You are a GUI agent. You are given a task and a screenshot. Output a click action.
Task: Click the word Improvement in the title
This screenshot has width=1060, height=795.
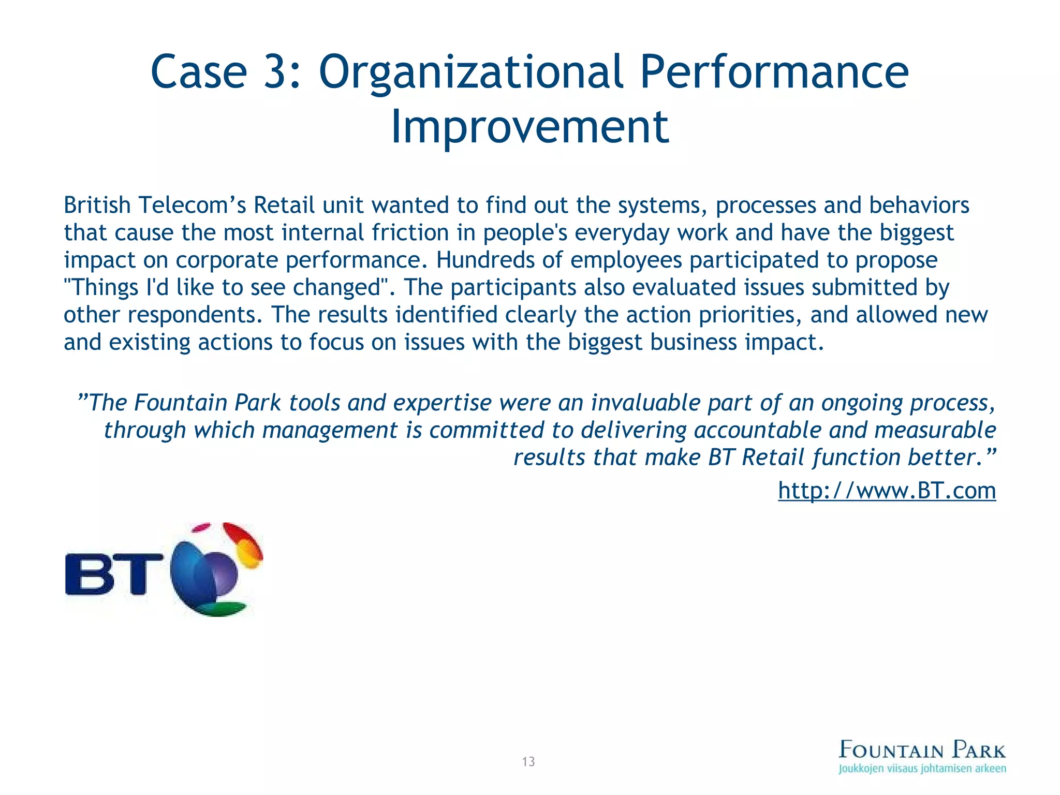529,127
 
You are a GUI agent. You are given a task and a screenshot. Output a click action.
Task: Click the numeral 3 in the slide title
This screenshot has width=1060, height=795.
276,72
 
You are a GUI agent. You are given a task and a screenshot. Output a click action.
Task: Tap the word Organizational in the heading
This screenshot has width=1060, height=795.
470,72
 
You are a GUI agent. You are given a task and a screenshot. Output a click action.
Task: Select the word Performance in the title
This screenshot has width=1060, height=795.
774,72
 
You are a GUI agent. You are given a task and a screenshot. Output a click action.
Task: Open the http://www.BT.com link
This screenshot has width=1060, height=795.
887,490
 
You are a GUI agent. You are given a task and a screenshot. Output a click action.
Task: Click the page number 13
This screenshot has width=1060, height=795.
528,761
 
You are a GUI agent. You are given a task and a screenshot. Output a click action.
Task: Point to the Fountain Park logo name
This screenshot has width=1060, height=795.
922,749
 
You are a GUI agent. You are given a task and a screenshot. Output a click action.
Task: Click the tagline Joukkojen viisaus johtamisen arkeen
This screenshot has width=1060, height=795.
922,769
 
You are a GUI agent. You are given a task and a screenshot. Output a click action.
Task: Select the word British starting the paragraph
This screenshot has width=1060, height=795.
97,205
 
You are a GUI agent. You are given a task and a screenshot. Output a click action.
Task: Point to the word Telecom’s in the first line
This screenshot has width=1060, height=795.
192,205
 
